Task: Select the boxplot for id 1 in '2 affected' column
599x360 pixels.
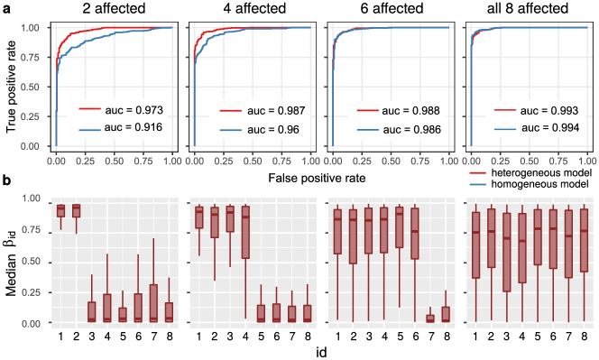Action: pos(61,210)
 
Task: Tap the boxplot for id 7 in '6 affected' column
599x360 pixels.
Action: pos(429,318)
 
